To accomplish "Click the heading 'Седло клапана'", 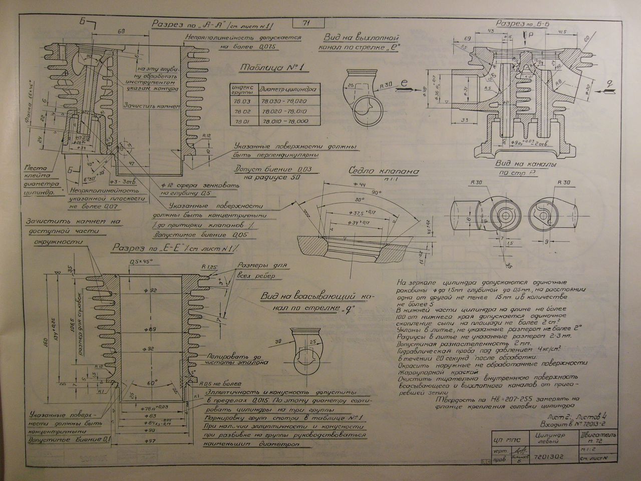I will (x=384, y=171).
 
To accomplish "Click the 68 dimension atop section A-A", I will (x=121, y=32).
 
